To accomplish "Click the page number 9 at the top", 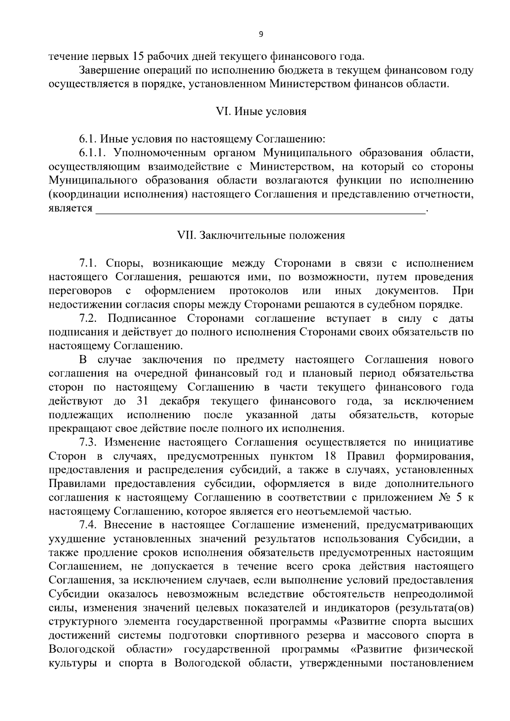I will click(x=261, y=34).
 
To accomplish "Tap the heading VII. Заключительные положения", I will click(x=261, y=235).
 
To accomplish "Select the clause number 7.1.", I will click(x=88, y=263).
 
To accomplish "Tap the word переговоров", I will click(x=80, y=291).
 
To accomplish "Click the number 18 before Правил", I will click(x=330, y=456).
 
